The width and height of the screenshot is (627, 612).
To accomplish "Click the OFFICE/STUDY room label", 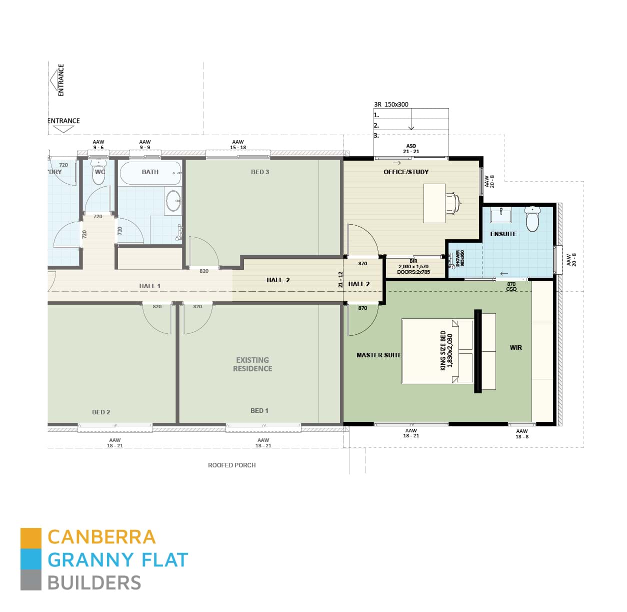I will pyautogui.click(x=406, y=172).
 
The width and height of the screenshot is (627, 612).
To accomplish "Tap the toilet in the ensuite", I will pyautogui.click(x=532, y=219).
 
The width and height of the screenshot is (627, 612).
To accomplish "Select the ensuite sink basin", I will pyautogui.click(x=500, y=216).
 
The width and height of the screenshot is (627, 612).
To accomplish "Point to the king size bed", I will pyautogui.click(x=437, y=351).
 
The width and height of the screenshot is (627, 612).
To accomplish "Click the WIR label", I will pyautogui.click(x=515, y=347).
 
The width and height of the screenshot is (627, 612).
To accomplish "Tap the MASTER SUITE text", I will pyautogui.click(x=378, y=355).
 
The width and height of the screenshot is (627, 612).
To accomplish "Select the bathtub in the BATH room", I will pyautogui.click(x=150, y=173).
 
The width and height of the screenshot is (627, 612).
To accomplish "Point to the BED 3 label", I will pyautogui.click(x=260, y=172).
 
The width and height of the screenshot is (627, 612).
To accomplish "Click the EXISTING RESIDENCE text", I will pyautogui.click(x=252, y=364).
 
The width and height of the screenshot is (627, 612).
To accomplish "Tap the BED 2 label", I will pyautogui.click(x=101, y=412).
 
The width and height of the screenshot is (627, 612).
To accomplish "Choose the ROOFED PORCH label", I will pyautogui.click(x=231, y=465).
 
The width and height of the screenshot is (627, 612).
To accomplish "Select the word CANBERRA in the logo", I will pyautogui.click(x=101, y=537).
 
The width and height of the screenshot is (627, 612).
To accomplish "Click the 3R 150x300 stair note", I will pyautogui.click(x=391, y=104).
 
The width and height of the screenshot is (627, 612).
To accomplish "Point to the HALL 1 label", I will pyautogui.click(x=149, y=286).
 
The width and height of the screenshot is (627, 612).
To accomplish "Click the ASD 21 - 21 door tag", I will pyautogui.click(x=411, y=149).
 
